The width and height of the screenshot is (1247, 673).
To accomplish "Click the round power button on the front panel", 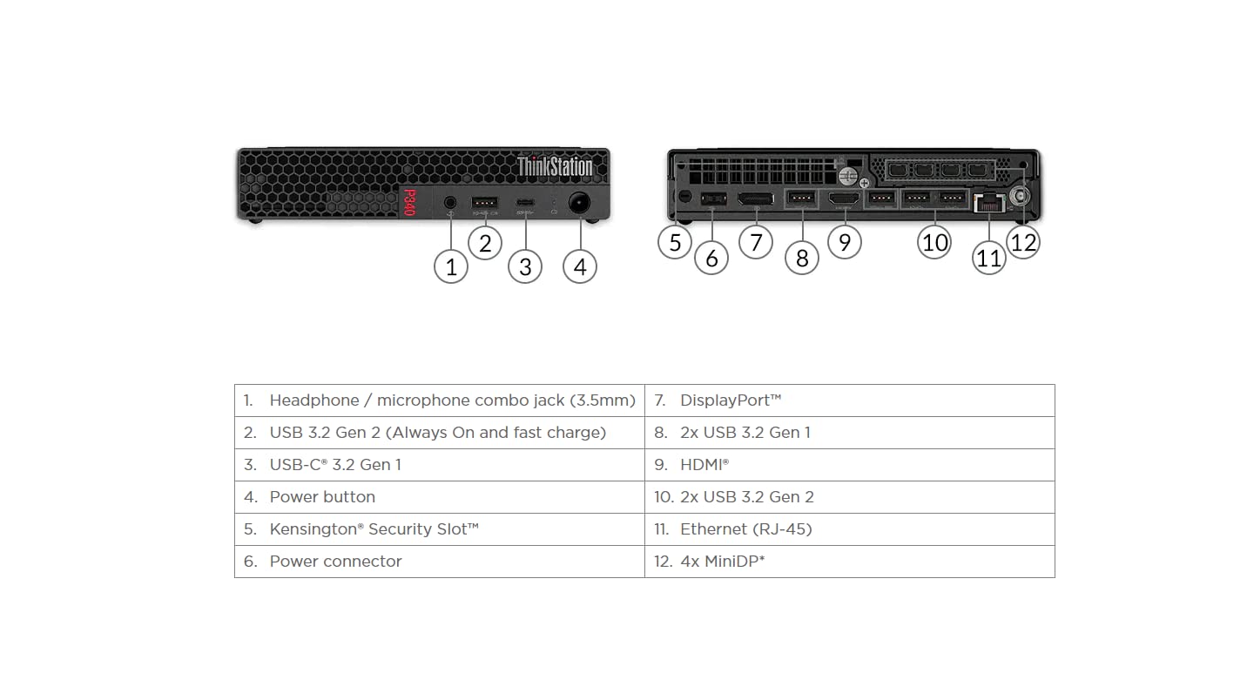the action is (x=579, y=203).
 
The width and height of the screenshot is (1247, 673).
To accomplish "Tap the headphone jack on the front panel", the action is (x=450, y=203).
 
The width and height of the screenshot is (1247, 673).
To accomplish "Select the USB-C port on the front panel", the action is (x=525, y=203).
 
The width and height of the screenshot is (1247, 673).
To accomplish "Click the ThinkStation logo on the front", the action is (x=555, y=166).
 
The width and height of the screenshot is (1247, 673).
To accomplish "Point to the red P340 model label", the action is (x=409, y=203).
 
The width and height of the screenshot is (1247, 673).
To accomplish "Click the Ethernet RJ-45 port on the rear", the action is (x=989, y=203).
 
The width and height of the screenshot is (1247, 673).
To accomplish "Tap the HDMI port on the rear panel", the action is (x=844, y=199).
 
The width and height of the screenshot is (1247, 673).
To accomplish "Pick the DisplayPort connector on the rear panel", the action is (x=756, y=199).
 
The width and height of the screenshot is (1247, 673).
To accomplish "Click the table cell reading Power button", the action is (x=440, y=497).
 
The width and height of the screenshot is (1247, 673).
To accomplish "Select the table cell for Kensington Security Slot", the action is (x=440, y=529).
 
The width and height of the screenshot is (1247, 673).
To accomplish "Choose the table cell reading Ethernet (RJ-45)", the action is (x=850, y=529).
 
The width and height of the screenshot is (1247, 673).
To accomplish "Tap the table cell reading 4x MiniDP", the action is (x=850, y=562).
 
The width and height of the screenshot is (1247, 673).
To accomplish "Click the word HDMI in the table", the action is (x=702, y=465).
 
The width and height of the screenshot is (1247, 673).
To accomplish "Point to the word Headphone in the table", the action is (x=314, y=400).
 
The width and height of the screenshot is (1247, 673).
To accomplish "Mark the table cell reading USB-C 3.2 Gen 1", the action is (x=440, y=465).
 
